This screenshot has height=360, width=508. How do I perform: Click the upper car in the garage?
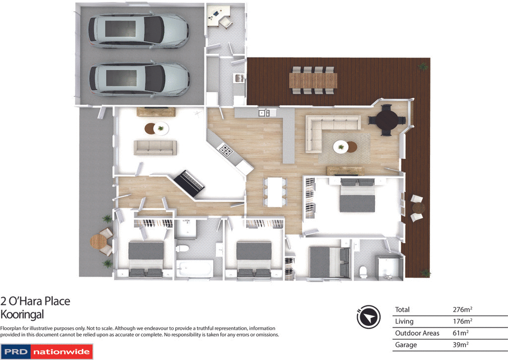pos(138,30)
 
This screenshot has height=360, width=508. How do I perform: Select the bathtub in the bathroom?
pos(194,269)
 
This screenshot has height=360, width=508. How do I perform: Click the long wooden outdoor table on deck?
pos(314,79)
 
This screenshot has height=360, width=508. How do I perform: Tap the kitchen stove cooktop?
pos(227,150)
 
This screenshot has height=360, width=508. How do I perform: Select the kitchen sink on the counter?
pos(263,113)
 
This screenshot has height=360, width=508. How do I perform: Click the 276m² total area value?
pos(462,310)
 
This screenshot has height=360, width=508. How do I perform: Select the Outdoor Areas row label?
pos(417,333)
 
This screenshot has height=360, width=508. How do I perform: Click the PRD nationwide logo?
pos(47,352)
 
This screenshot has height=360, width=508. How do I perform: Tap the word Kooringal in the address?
pos(23,314)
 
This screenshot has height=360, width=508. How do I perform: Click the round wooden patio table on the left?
pos(99,241)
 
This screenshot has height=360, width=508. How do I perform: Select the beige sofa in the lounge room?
pos(155,147)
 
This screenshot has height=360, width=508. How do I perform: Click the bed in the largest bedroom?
pos(357,196)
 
